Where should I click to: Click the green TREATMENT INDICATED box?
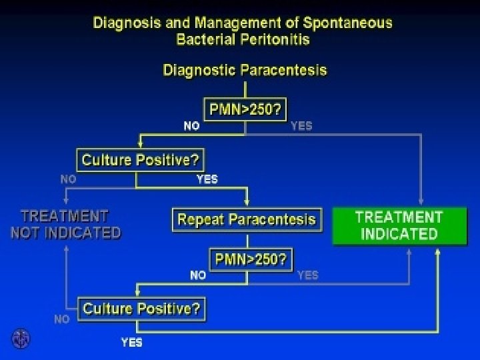point(399,225)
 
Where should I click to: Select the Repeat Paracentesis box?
point(247,219)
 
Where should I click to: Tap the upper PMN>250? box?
point(245,110)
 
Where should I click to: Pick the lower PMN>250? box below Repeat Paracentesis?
point(251,259)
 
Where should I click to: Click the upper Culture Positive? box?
point(141,160)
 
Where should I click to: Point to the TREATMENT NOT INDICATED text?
point(65,225)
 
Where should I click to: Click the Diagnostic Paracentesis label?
point(245,70)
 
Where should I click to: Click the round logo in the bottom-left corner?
point(20,339)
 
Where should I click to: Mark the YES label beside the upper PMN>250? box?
point(301,125)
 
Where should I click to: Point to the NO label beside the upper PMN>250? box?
point(191,125)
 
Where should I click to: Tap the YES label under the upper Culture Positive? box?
point(207,178)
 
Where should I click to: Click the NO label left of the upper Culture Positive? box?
point(68,179)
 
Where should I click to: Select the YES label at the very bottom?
point(131,343)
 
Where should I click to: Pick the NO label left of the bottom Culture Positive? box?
point(61,319)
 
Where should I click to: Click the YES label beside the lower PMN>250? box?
point(307,275)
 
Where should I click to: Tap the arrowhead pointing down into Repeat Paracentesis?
point(247,203)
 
